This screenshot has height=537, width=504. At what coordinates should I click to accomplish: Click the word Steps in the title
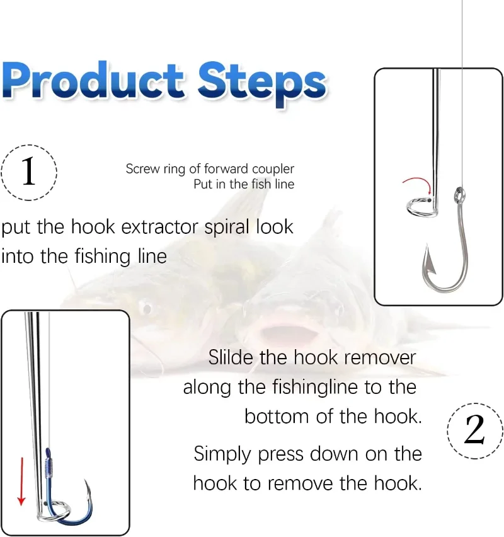262,84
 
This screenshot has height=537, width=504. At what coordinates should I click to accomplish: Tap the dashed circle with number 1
29,172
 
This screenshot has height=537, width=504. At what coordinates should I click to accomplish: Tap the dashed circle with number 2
474,430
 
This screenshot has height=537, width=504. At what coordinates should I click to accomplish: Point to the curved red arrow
418,180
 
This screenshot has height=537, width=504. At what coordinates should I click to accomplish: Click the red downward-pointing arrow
21,481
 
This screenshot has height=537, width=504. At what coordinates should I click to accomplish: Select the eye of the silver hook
459,195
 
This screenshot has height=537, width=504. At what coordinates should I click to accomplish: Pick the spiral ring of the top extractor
421,208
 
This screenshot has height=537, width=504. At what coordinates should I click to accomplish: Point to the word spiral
227,228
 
